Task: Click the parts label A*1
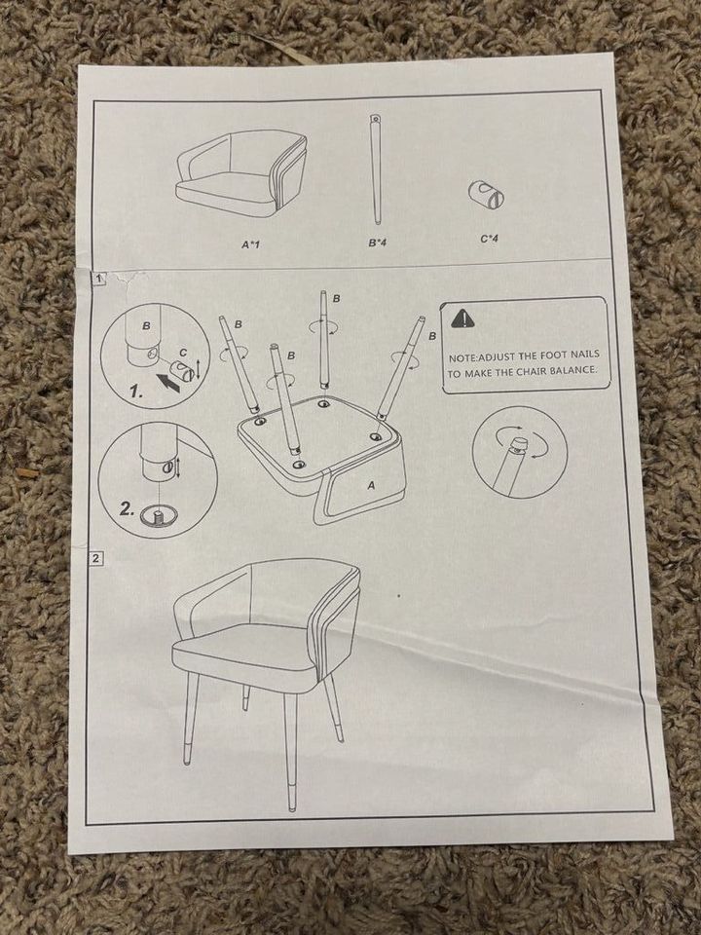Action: tap(251, 244)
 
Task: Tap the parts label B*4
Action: tap(378, 243)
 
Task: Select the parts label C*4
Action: tap(489, 240)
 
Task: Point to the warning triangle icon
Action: tap(461, 319)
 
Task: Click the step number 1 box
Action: tap(99, 279)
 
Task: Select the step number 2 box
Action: tap(96, 559)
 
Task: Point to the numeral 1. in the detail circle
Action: tap(136, 392)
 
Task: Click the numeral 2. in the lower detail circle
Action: tap(127, 508)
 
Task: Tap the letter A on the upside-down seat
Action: tap(371, 486)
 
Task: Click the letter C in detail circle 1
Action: tap(184, 353)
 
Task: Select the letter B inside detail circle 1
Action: tap(146, 326)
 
